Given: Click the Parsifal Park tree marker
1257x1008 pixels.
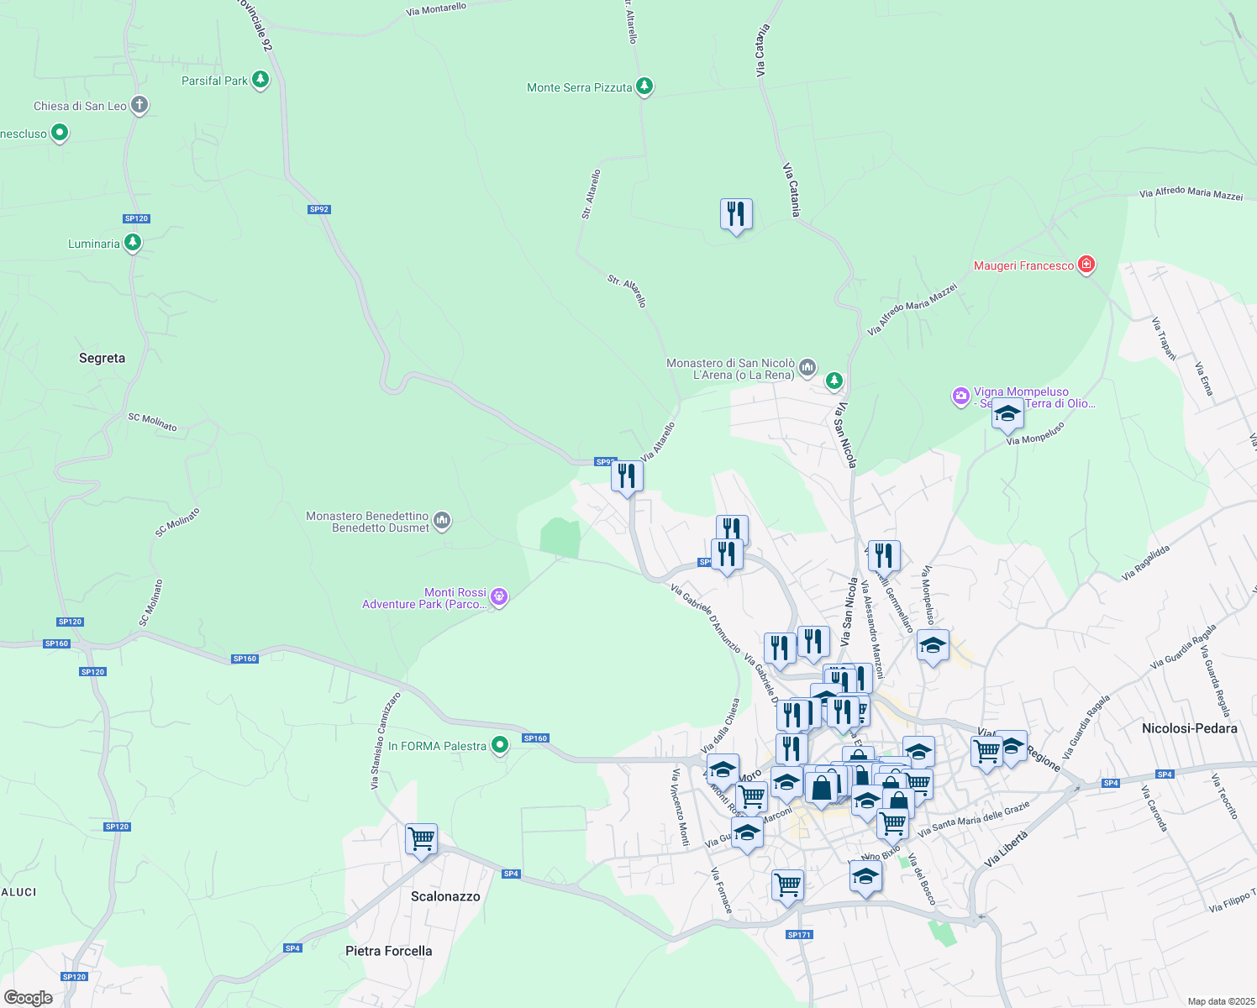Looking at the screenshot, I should point(260,80).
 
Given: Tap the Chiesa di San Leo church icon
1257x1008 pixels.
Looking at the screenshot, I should point(139,105).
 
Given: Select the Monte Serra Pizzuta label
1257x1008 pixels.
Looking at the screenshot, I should point(579,87).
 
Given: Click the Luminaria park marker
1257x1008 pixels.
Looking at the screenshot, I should point(132,243).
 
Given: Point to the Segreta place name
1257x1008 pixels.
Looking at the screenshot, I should point(102,358).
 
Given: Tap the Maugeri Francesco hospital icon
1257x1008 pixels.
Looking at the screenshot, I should point(1086,265).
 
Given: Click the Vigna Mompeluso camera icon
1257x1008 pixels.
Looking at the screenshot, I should point(960,396).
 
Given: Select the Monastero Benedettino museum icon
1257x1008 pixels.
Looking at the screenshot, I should point(442,521).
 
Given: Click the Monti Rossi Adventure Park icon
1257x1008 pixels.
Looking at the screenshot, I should point(499,596).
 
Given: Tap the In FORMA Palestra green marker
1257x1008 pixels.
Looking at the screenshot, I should point(500,745).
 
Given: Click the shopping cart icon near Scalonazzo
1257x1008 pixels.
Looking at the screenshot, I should point(421,838).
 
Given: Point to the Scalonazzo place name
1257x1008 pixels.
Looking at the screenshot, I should point(445,896).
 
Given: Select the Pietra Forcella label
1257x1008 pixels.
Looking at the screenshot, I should point(388,951).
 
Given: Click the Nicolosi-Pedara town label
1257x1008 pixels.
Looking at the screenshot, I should point(1189,728).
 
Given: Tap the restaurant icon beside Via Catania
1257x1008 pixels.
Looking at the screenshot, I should point(736,214).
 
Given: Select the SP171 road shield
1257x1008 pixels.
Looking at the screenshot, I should point(799,934).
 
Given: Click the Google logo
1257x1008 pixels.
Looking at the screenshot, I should point(29,997).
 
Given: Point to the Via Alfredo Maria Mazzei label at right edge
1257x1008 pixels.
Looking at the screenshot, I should point(1191,193).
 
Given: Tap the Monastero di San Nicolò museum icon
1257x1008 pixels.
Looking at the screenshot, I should point(807,367).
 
